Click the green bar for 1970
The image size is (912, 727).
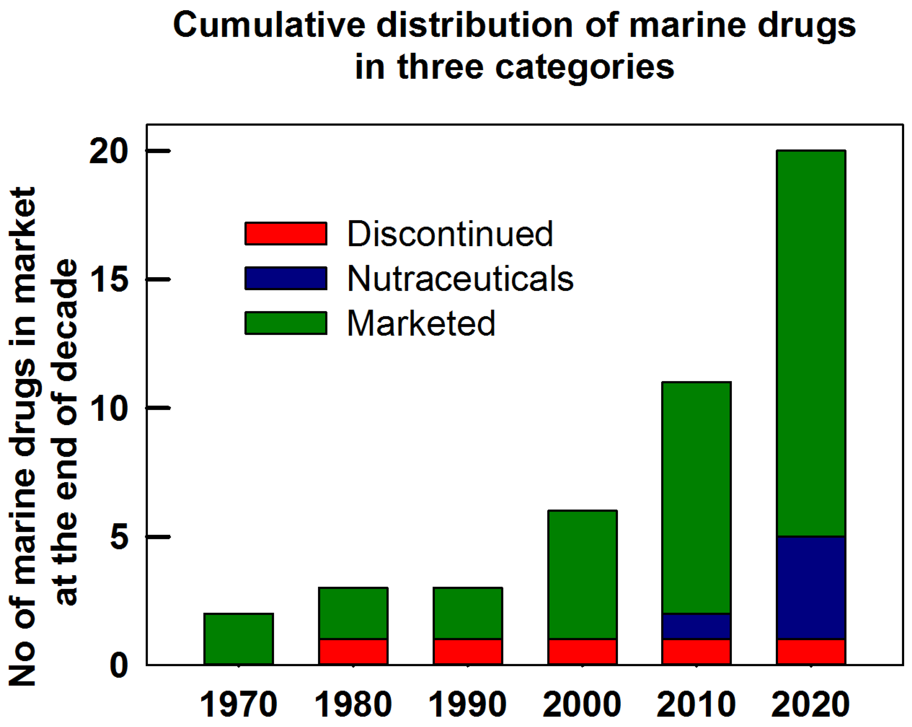point(239,639)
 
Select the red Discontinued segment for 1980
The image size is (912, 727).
point(353,652)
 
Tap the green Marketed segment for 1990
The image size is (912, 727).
point(468,613)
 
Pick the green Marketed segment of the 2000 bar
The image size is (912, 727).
point(582,575)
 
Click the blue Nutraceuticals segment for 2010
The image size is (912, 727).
point(696,626)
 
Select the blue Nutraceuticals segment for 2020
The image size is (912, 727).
point(811,588)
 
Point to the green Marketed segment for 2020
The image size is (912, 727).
point(811,343)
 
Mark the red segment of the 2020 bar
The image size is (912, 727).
point(811,652)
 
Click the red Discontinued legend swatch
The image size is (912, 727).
point(286,233)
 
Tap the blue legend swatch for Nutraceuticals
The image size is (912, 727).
point(286,278)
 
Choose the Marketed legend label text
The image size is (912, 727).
point(421,323)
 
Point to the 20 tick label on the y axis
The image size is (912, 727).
point(108,151)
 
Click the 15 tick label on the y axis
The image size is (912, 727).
point(108,280)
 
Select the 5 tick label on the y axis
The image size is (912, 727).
point(119,537)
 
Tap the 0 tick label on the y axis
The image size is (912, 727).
point(119,665)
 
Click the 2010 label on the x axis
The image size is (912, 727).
point(696,704)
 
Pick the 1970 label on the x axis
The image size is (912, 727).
point(239,704)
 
